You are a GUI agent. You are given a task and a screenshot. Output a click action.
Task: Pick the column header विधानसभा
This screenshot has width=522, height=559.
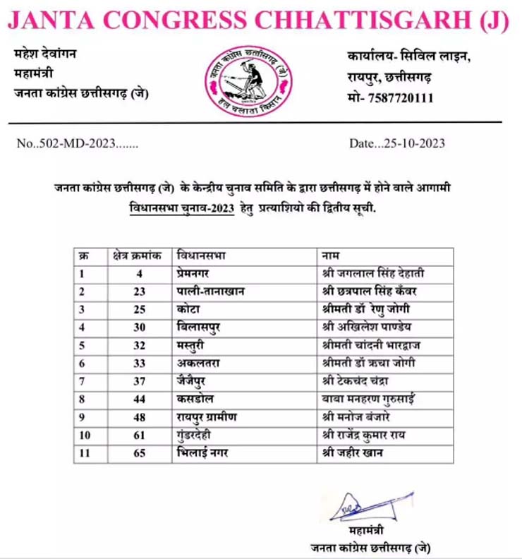pos(201,254)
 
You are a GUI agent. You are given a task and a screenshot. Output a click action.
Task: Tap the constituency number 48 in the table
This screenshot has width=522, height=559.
pos(139,417)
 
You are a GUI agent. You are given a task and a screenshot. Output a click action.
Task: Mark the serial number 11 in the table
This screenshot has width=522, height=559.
pos(85,453)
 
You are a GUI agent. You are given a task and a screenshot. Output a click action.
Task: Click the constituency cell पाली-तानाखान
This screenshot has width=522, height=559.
pos(211,291)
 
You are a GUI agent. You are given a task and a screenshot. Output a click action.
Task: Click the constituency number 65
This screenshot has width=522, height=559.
pos(139,453)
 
